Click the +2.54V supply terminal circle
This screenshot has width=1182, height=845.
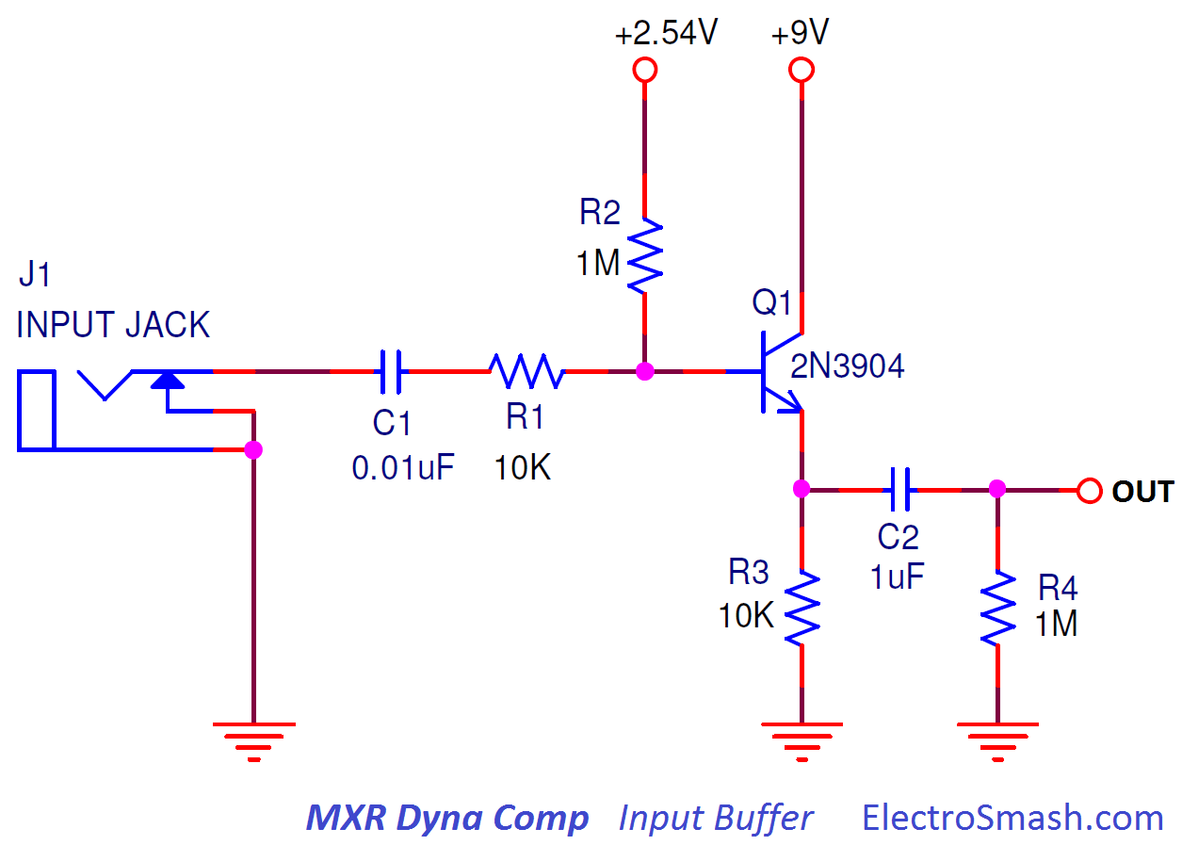pos(644,70)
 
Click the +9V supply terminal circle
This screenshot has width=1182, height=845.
pos(801,70)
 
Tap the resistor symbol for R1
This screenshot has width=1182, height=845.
pos(526,372)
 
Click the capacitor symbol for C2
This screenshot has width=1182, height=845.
pos(901,489)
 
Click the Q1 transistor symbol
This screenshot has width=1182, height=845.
pos(777,372)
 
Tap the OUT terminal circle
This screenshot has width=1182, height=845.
pos(1090,490)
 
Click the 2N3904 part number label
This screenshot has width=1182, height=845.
pos(847,366)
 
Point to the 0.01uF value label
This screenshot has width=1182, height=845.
pos(403,467)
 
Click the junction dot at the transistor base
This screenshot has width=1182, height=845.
pos(644,372)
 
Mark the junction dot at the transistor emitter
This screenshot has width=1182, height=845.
pos(801,489)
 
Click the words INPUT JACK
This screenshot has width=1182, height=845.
pos(113,325)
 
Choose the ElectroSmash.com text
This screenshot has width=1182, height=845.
pos(1012,818)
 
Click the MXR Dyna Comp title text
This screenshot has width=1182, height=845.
pos(447,818)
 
